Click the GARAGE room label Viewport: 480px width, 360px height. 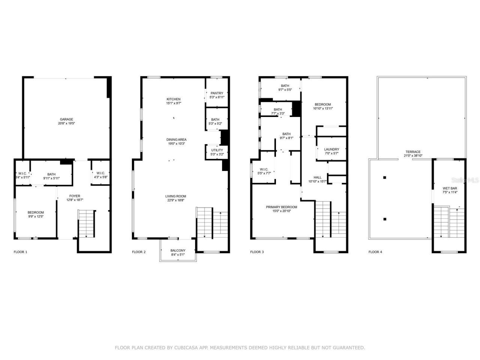coord(66,119)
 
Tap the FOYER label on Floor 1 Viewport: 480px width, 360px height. coord(75,196)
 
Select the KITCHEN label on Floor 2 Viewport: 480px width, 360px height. coord(174,99)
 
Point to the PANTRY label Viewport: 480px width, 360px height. coord(217,93)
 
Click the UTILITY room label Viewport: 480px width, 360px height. coord(217,150)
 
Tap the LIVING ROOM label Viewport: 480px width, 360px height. coord(175,196)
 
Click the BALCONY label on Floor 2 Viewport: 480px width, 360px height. coord(178,250)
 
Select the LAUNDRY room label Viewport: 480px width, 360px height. coord(331,149)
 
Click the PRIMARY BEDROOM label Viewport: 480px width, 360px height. coord(281,207)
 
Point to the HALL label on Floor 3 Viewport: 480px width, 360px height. coord(317,177)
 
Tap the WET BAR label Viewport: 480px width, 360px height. coord(450,188)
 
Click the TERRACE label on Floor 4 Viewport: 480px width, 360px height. coord(412,151)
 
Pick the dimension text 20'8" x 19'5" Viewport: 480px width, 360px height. coord(66,123)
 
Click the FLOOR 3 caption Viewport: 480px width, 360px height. coord(257,252)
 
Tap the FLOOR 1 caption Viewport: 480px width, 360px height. coord(20,252)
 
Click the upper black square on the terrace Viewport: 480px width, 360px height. coord(384,177)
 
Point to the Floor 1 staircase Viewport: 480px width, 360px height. coord(86,223)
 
